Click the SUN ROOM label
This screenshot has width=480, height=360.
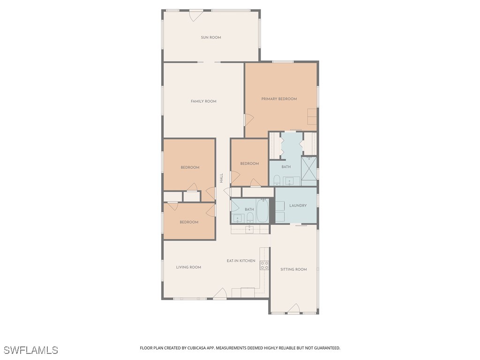click(x=211, y=37)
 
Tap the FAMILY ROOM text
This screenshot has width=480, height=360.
click(x=203, y=101)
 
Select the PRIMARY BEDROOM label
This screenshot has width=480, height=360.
click(x=279, y=99)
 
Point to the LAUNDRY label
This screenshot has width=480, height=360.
click(x=298, y=205)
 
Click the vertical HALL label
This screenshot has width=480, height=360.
click(x=221, y=178)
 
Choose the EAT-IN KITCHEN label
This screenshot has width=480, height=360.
click(x=241, y=261)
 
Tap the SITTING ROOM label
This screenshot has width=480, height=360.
click(x=293, y=270)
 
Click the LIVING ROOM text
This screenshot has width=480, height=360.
click(x=188, y=267)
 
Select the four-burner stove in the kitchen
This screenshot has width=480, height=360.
click(x=264, y=265)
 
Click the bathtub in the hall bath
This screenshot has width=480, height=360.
click(x=262, y=211)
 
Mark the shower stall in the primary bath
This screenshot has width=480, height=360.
click(x=309, y=168)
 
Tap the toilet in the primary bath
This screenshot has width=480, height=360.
click(x=277, y=180)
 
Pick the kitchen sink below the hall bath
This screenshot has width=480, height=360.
click(x=249, y=229)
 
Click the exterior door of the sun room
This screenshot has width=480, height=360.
click(x=196, y=15)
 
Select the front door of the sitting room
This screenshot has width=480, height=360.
click(x=293, y=308)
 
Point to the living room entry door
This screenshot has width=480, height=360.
click(x=220, y=294)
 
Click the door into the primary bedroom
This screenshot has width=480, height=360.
click(x=248, y=120)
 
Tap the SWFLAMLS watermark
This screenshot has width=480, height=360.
click(x=31, y=350)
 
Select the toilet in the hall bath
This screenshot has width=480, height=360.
click(x=250, y=217)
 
